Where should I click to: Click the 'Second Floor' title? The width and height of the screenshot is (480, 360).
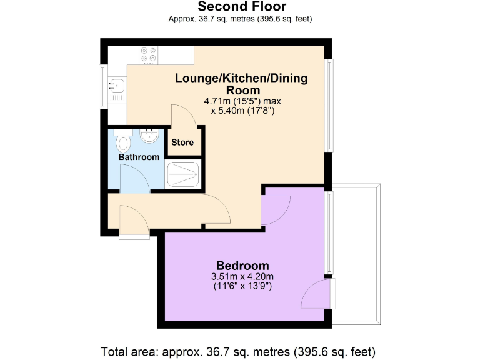click(242, 7)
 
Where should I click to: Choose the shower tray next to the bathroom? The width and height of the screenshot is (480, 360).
click(183, 173)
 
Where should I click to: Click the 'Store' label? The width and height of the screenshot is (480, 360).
click(182, 142)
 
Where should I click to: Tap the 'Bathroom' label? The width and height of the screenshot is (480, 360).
click(139, 157)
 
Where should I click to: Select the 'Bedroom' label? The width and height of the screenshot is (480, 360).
click(242, 265)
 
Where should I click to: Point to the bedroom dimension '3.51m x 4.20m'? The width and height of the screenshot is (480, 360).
click(243, 277)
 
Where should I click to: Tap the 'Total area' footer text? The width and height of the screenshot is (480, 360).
click(238, 350)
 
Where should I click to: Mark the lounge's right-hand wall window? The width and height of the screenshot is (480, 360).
click(329, 105)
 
